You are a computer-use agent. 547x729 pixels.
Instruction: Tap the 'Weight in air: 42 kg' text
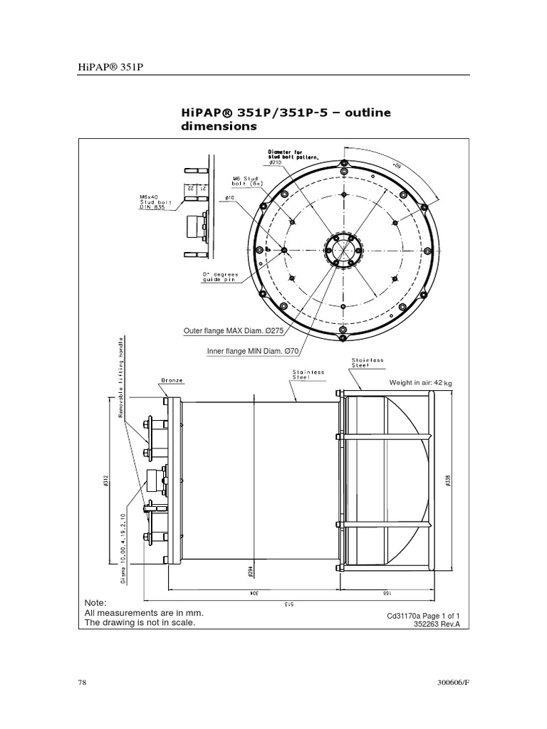(420, 383)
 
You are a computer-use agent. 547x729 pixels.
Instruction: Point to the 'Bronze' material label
(172, 381)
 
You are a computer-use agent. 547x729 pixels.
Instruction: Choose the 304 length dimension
(252, 592)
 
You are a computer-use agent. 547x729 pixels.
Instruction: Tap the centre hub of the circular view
(343, 250)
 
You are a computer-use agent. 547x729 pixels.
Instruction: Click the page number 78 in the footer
(82, 683)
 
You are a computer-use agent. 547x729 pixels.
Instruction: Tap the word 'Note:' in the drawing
(95, 602)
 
